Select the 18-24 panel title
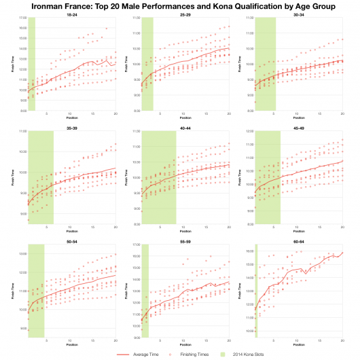point(71,14)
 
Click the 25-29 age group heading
point(185,14)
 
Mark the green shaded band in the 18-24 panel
point(31,65)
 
